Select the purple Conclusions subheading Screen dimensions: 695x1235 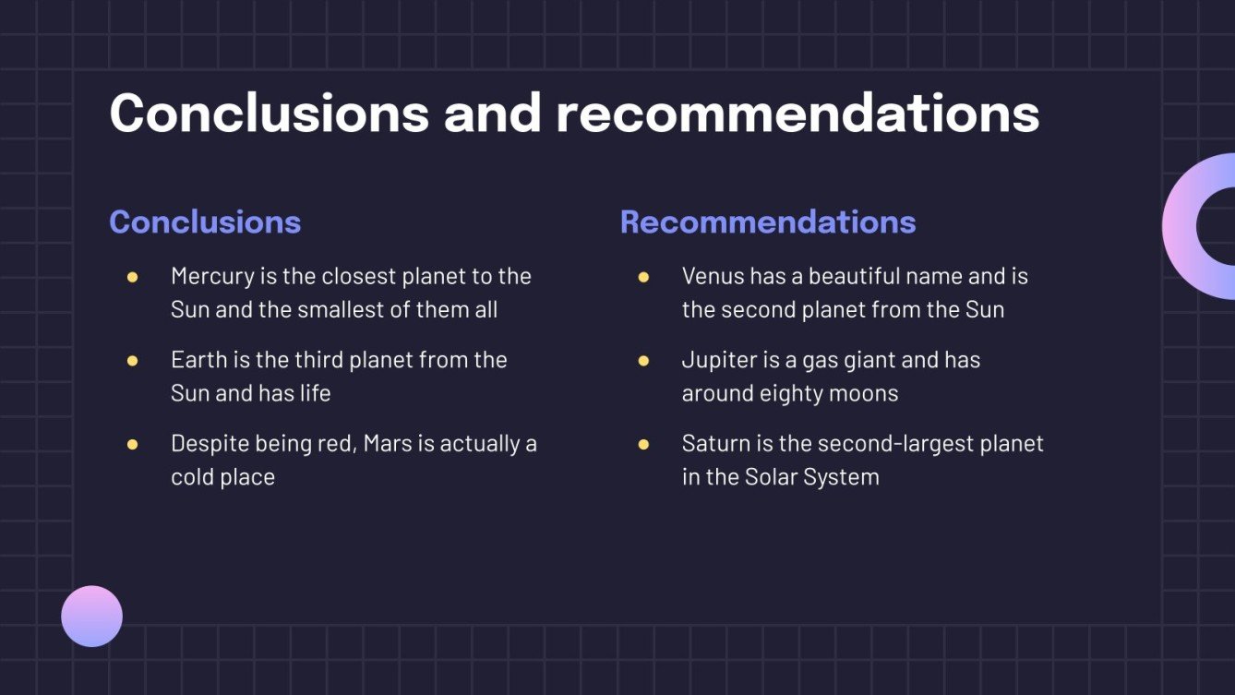pos(205,222)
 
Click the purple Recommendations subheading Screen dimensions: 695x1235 pos(768,222)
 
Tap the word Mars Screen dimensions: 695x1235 pos(388,443)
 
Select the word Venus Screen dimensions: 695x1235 pos(713,276)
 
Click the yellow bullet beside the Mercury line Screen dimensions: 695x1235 pos(132,277)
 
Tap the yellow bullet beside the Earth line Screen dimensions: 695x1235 pos(132,360)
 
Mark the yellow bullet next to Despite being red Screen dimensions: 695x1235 pos(132,444)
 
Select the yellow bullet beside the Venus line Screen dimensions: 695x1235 pos(643,277)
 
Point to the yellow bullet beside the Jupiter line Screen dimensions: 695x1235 pos(643,360)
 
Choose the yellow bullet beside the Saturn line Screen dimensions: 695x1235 pos(643,444)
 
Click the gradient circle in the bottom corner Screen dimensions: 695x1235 pos(92,616)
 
